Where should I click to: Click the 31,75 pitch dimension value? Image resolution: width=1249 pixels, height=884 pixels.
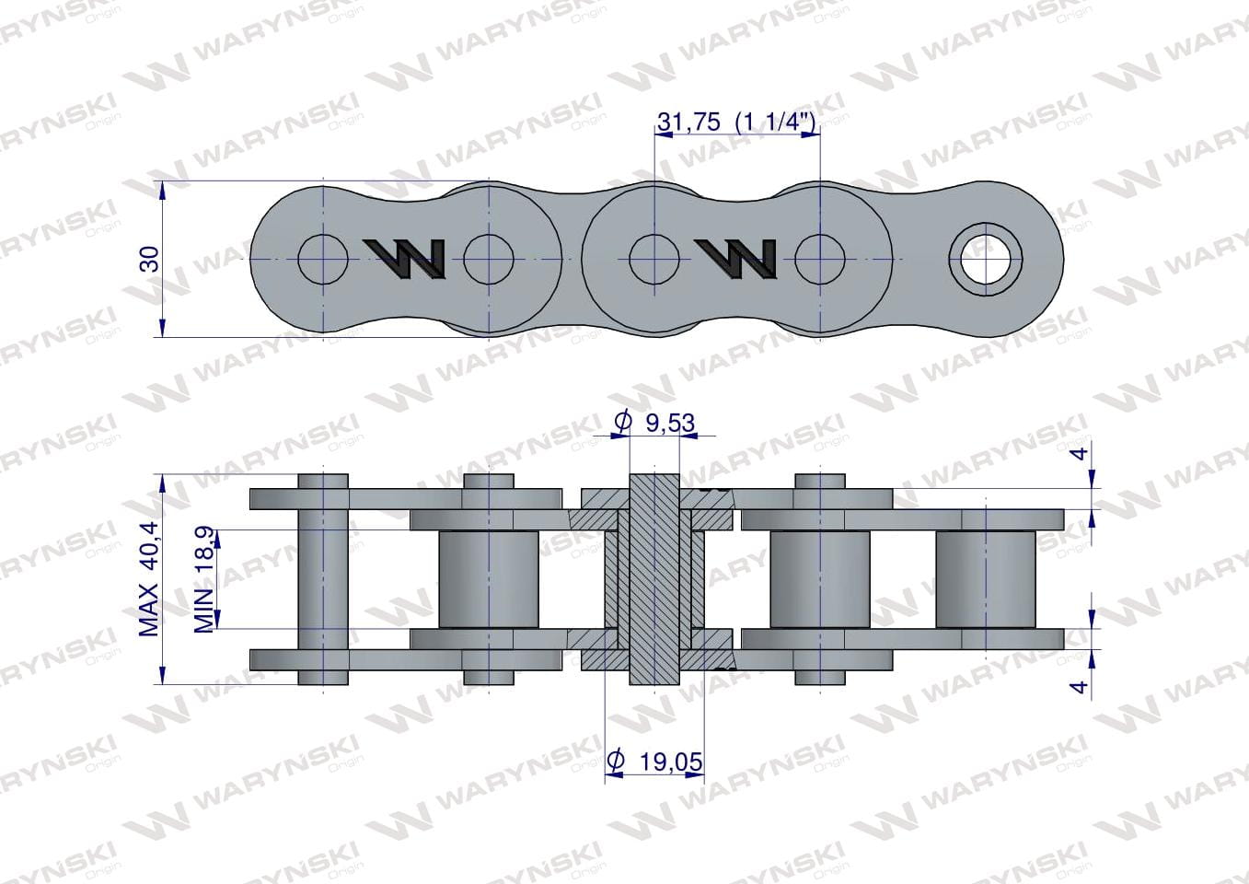coord(689,122)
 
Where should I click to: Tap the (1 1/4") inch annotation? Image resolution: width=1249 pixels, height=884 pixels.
coord(776,122)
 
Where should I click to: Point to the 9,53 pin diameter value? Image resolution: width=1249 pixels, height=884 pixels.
coord(670,424)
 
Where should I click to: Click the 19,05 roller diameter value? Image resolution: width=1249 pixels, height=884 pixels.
coord(671,762)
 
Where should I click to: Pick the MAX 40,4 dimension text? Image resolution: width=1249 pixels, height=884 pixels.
coord(148,578)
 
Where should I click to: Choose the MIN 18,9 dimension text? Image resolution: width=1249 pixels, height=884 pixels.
coord(204,579)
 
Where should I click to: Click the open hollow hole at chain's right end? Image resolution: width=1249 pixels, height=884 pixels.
coord(986,260)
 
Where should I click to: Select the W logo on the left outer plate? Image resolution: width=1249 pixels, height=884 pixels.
coord(405,259)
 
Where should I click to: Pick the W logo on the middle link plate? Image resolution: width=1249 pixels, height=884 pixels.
coord(736,259)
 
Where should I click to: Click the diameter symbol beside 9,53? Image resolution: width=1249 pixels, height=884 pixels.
coord(622,422)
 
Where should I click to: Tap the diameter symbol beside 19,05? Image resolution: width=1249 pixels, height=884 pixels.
coord(615,761)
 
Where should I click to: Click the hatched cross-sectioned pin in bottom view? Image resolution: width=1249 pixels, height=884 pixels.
coord(654,579)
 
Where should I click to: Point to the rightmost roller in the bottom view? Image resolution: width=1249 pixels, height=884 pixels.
coord(986,579)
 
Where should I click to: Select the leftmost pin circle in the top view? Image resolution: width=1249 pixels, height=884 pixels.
coord(323,260)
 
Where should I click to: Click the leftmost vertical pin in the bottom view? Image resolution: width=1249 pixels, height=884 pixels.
coord(323,579)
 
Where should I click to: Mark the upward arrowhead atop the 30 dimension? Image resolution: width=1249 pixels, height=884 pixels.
coord(162,192)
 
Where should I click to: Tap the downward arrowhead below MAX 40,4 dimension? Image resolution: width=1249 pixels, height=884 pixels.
coord(162,674)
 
